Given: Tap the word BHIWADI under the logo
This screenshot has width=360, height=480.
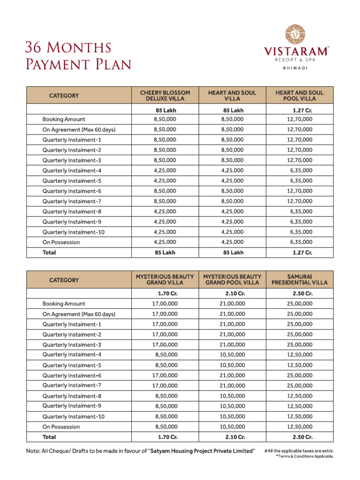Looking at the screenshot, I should pyautogui.click(x=295, y=68).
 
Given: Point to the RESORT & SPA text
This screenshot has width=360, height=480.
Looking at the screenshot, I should pyautogui.click(x=295, y=60).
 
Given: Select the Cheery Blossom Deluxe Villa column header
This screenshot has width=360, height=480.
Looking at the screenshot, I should pyautogui.click(x=165, y=96).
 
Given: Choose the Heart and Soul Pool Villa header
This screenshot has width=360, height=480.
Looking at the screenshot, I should pyautogui.click(x=299, y=96).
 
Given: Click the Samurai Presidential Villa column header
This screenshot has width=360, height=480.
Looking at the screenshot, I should pyautogui.click(x=299, y=280).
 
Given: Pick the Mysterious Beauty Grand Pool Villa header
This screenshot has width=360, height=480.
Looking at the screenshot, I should pyautogui.click(x=232, y=280).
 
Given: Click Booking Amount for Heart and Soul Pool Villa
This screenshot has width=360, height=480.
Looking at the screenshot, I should pyautogui.click(x=300, y=120).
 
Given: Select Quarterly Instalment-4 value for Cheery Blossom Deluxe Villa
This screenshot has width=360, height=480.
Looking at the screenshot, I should pyautogui.click(x=165, y=171).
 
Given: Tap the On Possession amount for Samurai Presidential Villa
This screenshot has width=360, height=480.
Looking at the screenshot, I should pyautogui.click(x=300, y=427).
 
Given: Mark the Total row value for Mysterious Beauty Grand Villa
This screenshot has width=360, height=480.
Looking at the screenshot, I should pyautogui.click(x=166, y=437).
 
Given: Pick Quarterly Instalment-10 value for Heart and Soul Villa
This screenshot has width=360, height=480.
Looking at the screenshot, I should pyautogui.click(x=232, y=232).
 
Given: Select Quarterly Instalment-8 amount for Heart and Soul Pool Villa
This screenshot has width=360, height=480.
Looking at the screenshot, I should pyautogui.click(x=301, y=211).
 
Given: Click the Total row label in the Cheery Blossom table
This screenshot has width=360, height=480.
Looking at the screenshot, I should pyautogui.click(x=49, y=253).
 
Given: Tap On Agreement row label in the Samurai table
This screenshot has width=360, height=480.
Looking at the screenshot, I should pyautogui.click(x=79, y=314).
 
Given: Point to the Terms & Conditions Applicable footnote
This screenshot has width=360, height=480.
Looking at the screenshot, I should pyautogui.click(x=305, y=456).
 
